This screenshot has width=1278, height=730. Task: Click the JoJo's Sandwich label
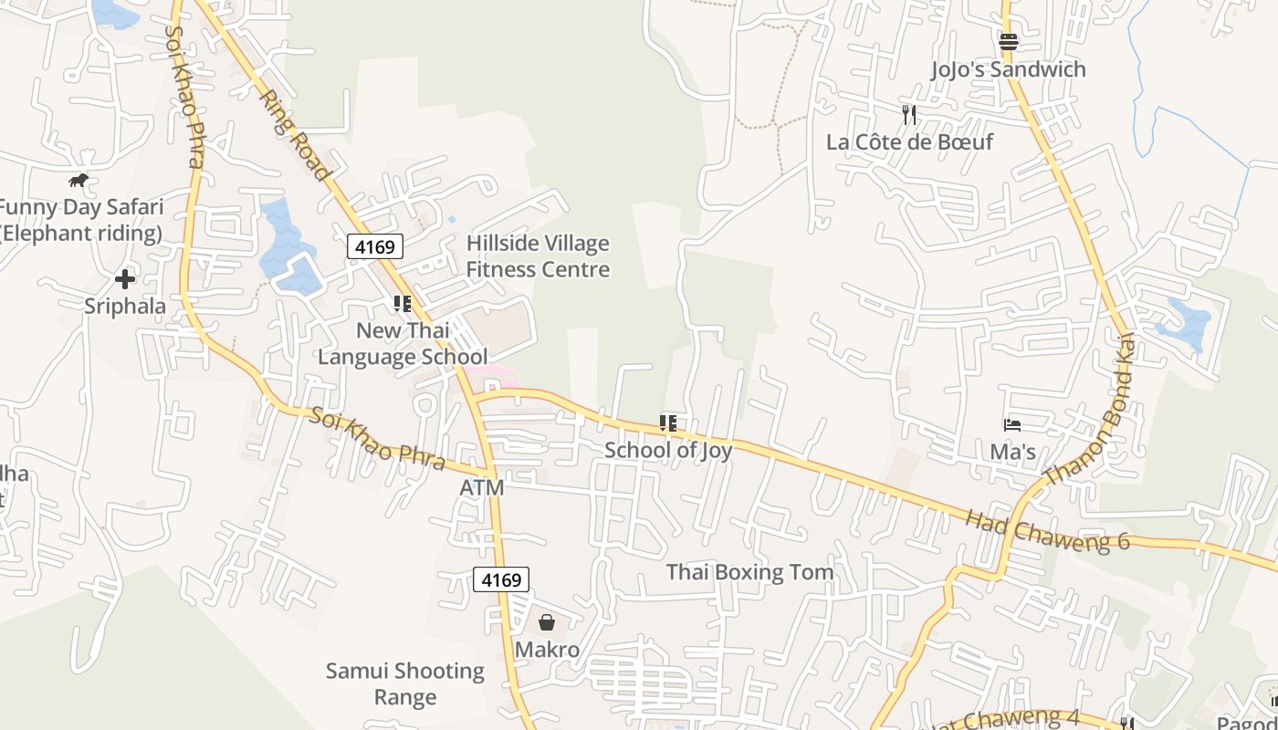(1008, 69)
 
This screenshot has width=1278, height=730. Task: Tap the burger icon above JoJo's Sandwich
(1009, 41)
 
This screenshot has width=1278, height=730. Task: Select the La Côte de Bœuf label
(909, 141)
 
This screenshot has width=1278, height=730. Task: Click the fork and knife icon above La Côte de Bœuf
(908, 114)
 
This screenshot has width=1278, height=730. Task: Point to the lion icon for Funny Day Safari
(79, 180)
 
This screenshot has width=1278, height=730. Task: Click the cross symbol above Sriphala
(125, 278)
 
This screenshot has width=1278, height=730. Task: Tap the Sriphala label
(125, 306)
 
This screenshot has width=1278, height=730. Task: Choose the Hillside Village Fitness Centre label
(538, 256)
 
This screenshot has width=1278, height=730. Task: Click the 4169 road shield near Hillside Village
(374, 246)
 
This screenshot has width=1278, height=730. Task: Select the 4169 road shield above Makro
(501, 579)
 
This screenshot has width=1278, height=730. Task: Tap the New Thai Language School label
(403, 344)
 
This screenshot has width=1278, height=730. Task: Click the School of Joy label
(668, 450)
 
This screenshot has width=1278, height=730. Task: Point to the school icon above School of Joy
(668, 422)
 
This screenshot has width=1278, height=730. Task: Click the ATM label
(481, 488)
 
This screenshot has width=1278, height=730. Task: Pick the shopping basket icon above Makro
(547, 622)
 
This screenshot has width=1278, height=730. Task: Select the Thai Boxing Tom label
(749, 572)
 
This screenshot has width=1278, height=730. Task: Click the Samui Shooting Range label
(405, 684)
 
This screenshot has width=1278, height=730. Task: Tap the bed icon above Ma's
(1011, 424)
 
